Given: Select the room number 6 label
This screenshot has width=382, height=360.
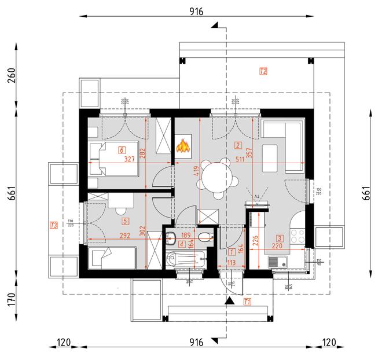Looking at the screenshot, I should (122, 150).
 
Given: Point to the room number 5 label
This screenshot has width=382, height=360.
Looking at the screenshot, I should (124, 221).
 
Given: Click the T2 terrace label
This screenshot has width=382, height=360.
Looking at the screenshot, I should (263, 72).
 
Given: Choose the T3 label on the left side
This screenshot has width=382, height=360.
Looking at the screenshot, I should (54, 225).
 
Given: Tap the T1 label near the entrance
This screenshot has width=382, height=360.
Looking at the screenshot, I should (247, 301).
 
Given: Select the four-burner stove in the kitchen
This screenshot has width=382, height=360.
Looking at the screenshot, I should (297, 236).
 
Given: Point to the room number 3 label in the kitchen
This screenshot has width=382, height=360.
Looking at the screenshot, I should (280, 238).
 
